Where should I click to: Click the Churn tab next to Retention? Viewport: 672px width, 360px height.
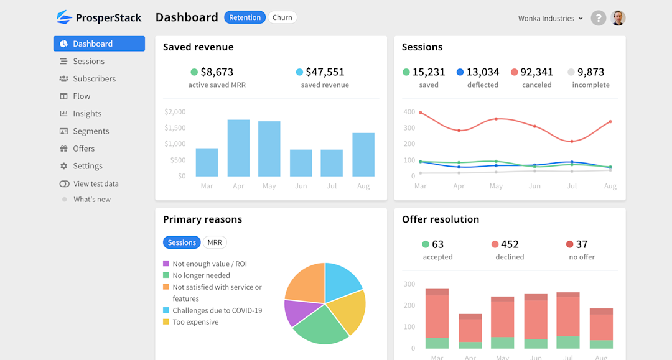coord(282,17)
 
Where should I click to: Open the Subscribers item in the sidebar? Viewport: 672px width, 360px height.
coord(94,79)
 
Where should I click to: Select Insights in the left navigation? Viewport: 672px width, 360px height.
coord(87,114)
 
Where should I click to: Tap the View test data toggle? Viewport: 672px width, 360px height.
coord(65,184)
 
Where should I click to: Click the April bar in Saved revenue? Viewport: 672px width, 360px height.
coord(238,148)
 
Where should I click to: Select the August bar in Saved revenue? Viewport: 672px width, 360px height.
coord(363,155)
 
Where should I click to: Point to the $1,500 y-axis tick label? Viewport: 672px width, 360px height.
coord(175,128)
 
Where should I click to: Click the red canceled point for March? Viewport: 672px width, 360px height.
coord(421,113)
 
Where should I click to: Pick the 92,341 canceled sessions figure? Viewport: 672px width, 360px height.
coord(536,72)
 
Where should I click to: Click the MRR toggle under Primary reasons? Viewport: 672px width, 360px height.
coord(215,242)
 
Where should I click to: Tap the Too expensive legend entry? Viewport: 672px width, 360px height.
coord(195,322)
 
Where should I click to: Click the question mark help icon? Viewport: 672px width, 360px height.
coord(598,18)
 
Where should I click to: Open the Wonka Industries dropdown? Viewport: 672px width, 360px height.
coord(550,19)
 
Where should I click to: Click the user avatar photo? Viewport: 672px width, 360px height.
coord(618,18)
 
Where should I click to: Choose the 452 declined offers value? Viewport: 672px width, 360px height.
coord(510,244)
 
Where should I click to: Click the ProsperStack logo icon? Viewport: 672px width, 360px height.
coord(64,17)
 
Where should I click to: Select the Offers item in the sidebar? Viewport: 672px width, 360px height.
coord(84,149)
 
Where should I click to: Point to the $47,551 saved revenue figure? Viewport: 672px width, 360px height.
coord(325,72)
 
